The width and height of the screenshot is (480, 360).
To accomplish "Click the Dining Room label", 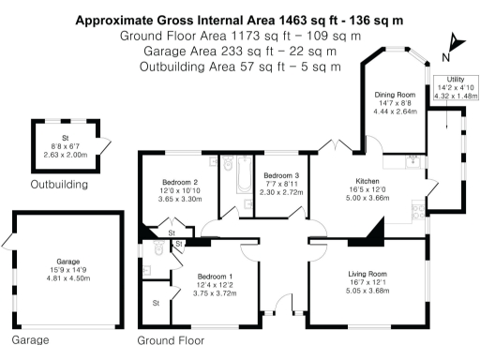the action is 395,95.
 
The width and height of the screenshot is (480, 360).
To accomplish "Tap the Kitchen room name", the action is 367,181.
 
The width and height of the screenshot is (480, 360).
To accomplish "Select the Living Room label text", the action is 367,274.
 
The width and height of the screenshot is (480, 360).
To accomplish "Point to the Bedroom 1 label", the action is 215,277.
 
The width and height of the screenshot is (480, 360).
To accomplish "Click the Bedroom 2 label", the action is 180,182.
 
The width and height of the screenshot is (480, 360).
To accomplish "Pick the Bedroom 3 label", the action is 281,175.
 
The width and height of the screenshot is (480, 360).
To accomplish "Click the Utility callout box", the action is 456,88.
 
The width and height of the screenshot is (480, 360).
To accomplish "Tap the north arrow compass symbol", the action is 455,47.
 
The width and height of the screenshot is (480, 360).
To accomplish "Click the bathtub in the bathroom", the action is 245,174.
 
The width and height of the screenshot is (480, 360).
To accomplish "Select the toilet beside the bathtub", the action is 228,163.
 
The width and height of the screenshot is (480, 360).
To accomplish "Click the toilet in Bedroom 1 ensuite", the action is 158,247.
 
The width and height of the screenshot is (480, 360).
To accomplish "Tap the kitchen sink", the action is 413,162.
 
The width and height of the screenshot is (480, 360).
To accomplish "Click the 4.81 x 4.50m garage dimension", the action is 68,278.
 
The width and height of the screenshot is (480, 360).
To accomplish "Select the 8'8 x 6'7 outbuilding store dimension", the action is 66,146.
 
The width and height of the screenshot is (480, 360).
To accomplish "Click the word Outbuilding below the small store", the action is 59,185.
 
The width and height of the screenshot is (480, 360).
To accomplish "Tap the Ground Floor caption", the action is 171,340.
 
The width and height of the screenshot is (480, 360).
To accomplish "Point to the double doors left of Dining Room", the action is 336,145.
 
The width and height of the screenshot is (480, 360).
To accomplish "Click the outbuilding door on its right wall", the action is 105,146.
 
